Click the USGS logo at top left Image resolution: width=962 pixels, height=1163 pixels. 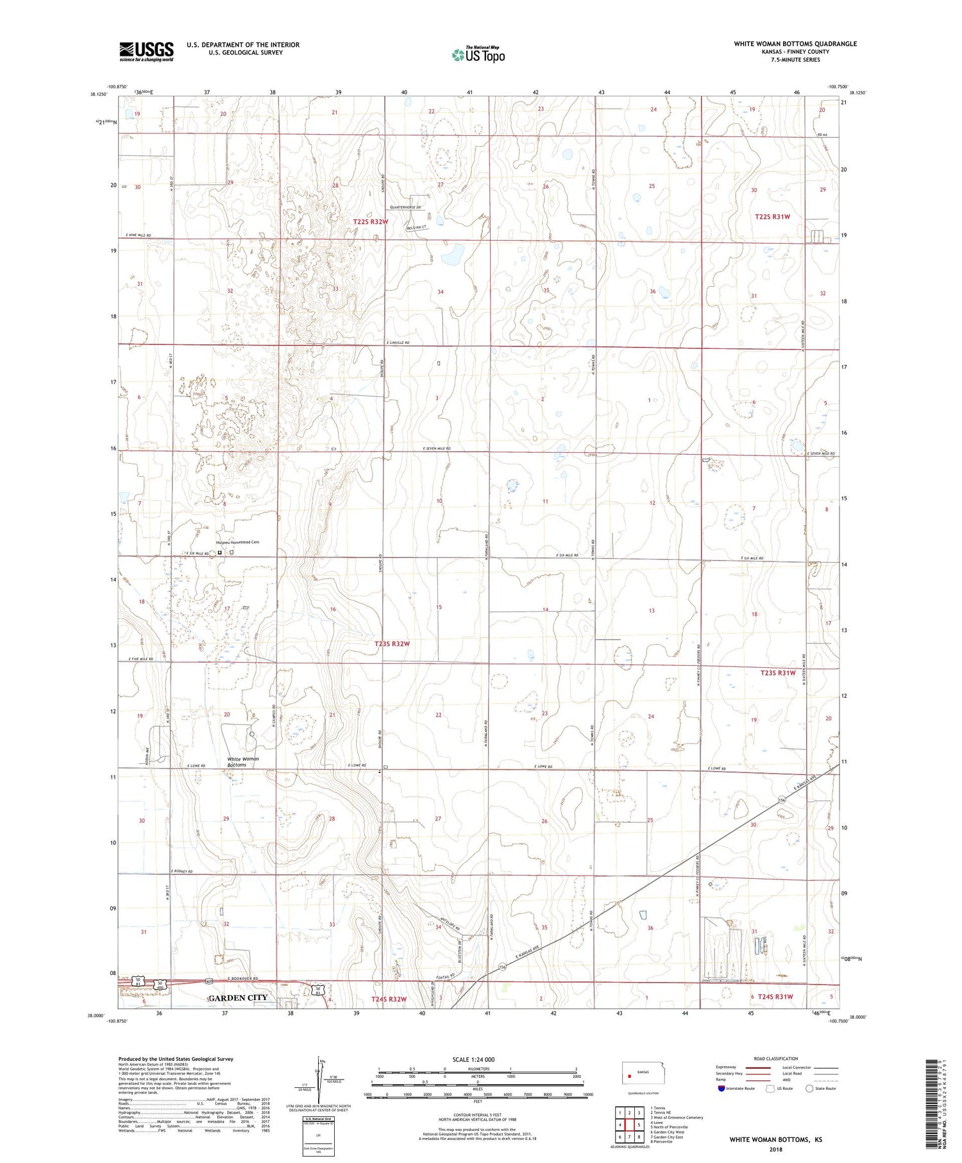click(x=146, y=51)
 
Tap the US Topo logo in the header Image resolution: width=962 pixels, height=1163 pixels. click(x=478, y=55)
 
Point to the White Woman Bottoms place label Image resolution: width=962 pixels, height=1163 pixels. click(x=242, y=761)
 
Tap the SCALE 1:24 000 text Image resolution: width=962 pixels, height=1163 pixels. click(x=471, y=1060)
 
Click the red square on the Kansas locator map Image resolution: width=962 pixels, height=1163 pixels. click(x=630, y=1076)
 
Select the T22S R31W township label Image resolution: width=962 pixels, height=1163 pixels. click(x=772, y=217)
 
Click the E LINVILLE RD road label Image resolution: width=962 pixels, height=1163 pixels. click(x=398, y=343)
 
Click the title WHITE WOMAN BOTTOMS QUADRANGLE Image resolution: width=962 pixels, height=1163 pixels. click(x=795, y=44)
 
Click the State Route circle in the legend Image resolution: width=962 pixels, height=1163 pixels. click(x=809, y=1089)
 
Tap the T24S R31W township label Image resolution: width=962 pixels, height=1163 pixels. click(x=775, y=997)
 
